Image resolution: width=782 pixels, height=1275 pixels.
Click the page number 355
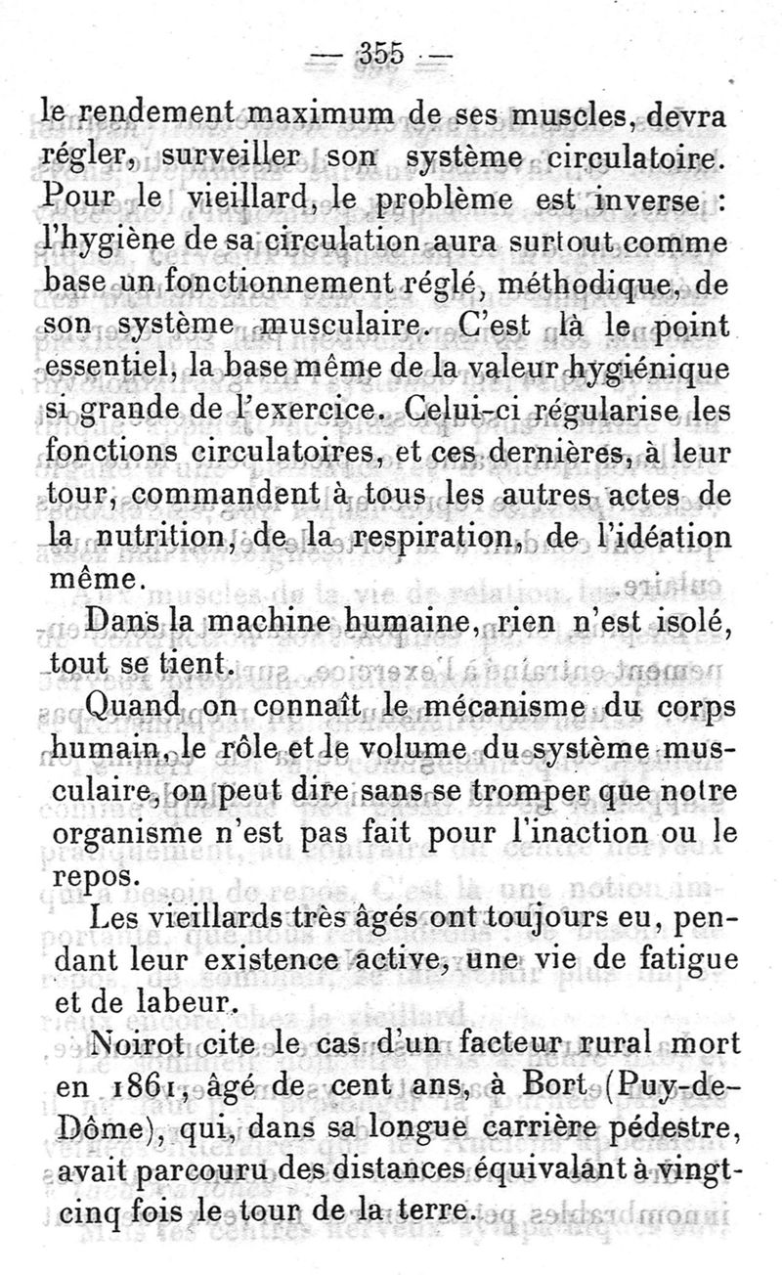(382, 55)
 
